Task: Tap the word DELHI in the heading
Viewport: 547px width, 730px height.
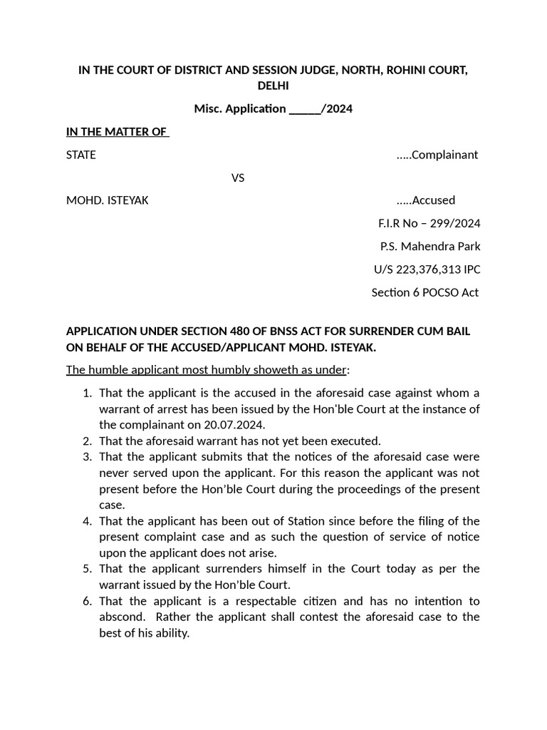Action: pyautogui.click(x=273, y=86)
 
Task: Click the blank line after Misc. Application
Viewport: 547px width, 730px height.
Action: pyautogui.click(x=305, y=109)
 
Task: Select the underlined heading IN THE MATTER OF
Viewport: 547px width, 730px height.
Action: pyautogui.click(x=117, y=132)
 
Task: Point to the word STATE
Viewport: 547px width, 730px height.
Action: pyautogui.click(x=80, y=155)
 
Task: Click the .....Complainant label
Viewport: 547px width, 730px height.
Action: pyautogui.click(x=437, y=155)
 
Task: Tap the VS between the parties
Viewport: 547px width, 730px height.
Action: pyautogui.click(x=238, y=178)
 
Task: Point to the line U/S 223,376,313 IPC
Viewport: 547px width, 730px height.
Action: pyautogui.click(x=427, y=269)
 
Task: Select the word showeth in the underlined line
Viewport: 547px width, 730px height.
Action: pyautogui.click(x=269, y=369)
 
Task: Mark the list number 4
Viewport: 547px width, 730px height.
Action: pyautogui.click(x=86, y=521)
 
